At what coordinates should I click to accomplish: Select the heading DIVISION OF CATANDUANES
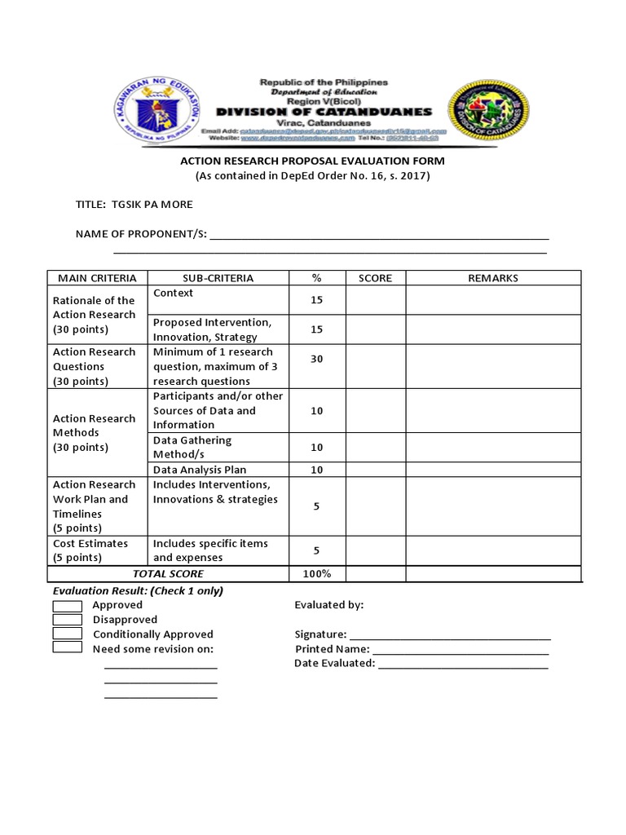(324, 112)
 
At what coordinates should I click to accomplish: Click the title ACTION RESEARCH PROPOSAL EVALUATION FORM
(312, 161)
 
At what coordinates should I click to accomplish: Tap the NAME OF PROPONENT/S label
(141, 234)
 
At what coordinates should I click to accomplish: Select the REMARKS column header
(493, 278)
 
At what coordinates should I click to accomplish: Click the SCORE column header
(375, 278)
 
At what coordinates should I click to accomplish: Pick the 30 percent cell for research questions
(316, 359)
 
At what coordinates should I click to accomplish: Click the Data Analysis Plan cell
(200, 470)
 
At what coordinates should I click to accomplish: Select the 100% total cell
(316, 574)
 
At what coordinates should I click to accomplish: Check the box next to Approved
(67, 605)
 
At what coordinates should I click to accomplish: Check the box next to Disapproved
(67, 620)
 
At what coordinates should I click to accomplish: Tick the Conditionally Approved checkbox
(67, 634)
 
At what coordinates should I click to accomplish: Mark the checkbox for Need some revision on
(67, 647)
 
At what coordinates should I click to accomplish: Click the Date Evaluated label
(334, 664)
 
